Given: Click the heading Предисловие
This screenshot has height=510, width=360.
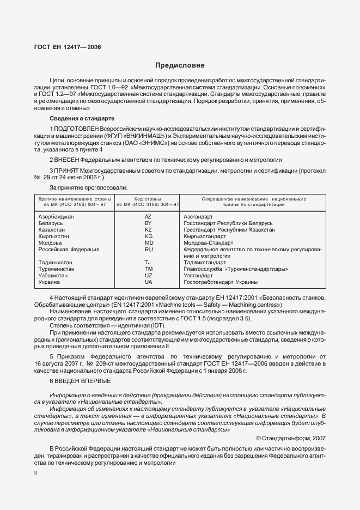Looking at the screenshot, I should (180, 65).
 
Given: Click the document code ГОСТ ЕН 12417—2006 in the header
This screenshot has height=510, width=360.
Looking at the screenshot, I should (64, 47).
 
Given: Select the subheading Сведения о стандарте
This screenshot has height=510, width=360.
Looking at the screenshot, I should (82, 119).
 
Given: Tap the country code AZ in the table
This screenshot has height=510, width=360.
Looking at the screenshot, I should (148, 217).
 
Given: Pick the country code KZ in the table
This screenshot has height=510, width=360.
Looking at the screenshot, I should (148, 230).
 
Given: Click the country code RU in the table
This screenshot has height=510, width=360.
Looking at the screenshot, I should (148, 250).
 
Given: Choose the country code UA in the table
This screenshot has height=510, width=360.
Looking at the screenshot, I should (148, 282).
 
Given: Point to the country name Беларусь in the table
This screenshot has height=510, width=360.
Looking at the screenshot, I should (51, 223).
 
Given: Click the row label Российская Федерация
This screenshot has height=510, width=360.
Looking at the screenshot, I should (69, 250).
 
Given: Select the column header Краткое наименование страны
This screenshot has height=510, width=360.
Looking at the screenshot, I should (72, 199).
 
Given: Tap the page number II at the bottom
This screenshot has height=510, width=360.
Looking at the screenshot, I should (35, 473).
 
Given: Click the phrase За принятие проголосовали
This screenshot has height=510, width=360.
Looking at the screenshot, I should (81, 187).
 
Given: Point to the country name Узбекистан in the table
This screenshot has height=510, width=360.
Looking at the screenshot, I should (53, 276).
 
